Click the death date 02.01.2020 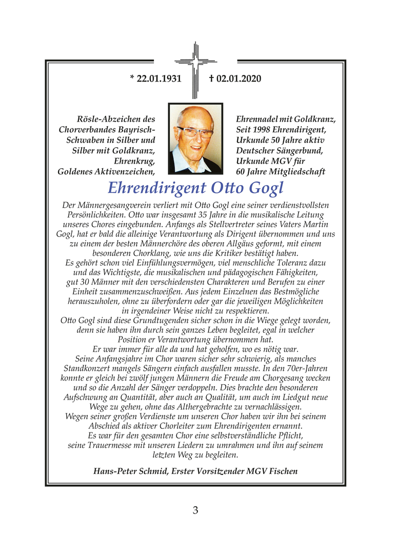pos(239,78)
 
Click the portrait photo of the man pos(195,138)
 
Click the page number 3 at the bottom pos(195,510)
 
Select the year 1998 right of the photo pos(262,130)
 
